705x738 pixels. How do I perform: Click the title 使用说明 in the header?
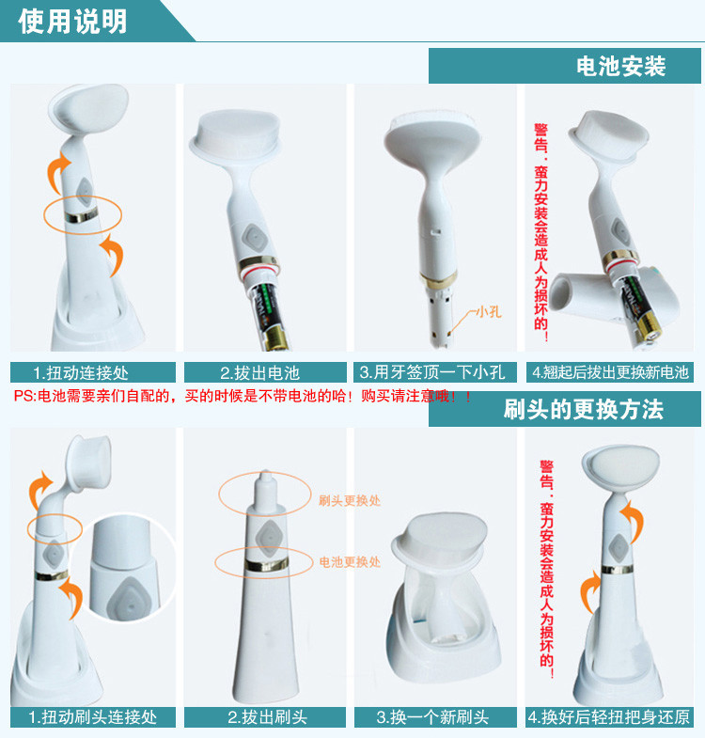72,22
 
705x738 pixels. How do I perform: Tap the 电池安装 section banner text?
620,66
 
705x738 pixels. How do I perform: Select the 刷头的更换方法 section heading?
584,410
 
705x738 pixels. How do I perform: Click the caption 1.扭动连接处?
81,373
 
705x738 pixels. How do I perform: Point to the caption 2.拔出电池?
259,373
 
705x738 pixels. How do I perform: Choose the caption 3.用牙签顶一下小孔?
432,372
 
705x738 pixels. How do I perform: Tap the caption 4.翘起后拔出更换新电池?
610,372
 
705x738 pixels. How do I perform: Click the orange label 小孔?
489,312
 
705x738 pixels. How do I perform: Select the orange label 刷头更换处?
350,500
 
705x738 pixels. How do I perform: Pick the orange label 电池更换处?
350,561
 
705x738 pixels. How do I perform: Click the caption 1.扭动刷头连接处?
93,717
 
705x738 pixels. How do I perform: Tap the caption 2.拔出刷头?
267,717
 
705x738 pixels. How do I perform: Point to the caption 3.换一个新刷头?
432,717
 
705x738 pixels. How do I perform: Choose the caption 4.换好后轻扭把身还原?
609,717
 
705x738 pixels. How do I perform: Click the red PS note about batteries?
243,396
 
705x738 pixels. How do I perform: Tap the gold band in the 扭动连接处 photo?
82,215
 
